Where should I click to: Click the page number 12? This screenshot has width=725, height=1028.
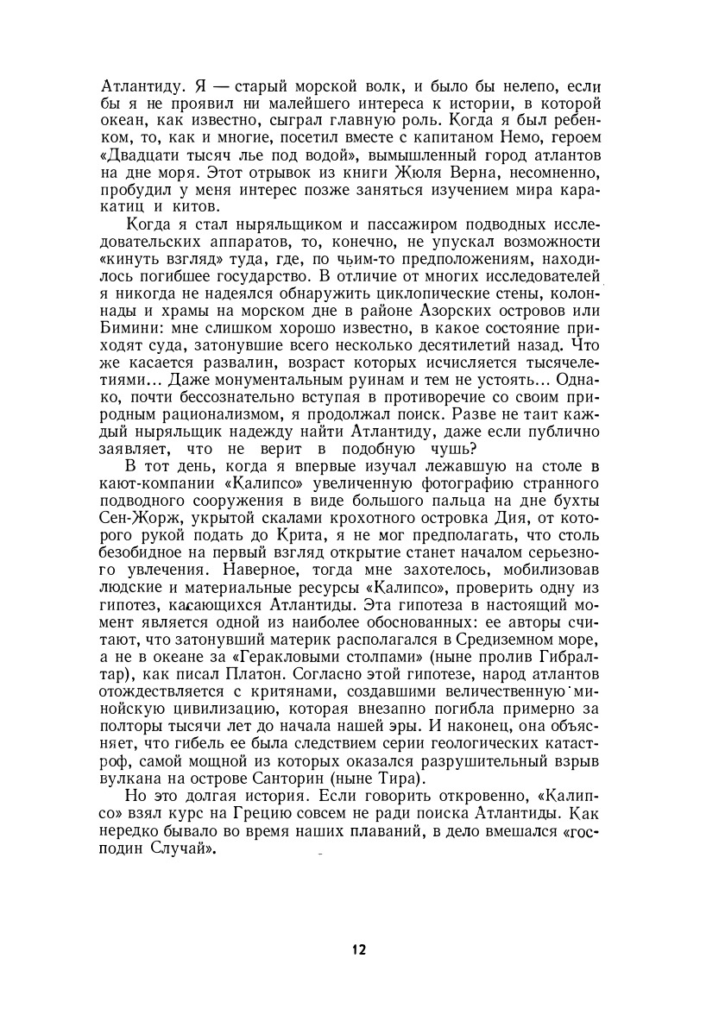tap(359, 950)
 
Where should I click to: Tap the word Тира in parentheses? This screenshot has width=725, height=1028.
tap(428, 782)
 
